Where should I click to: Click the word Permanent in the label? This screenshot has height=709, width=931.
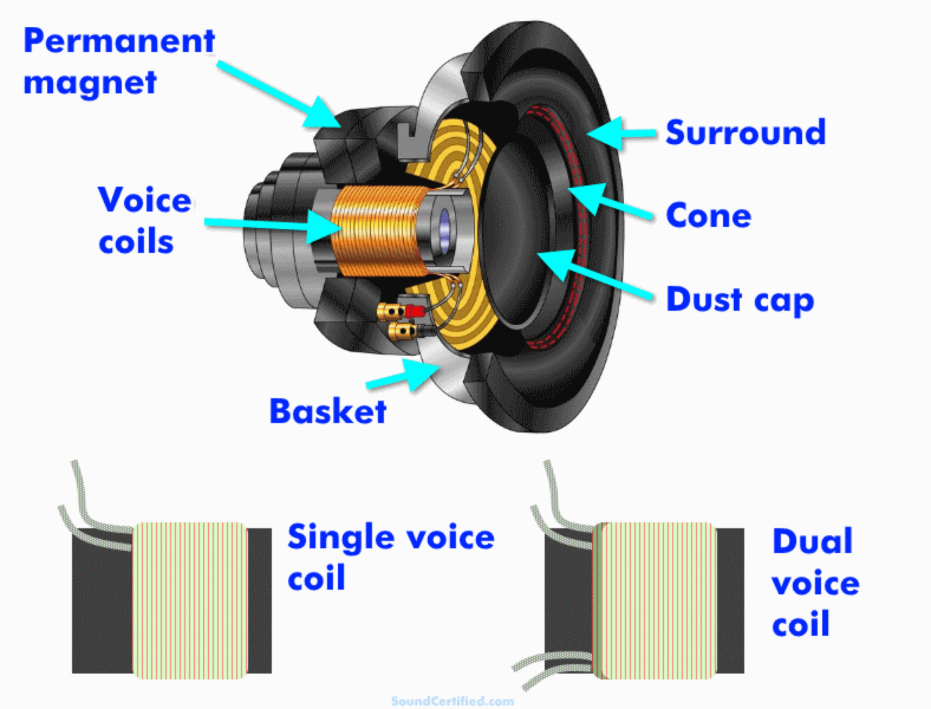(x=119, y=41)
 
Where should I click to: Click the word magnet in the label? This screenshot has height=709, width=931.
(x=90, y=83)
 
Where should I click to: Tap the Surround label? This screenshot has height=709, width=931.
(x=745, y=132)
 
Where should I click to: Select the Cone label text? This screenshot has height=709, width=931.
(x=708, y=216)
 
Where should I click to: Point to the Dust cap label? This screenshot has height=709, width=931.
(x=740, y=300)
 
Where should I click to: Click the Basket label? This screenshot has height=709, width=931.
(x=328, y=412)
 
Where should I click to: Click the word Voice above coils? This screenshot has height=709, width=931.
(x=145, y=200)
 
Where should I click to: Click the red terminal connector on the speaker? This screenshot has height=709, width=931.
(x=414, y=311)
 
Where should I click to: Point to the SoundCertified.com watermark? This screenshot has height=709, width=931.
(x=452, y=701)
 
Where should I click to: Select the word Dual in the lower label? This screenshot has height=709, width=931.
(x=812, y=542)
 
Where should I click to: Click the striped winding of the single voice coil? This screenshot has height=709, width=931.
(x=190, y=600)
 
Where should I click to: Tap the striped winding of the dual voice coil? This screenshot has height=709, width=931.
(x=655, y=600)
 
